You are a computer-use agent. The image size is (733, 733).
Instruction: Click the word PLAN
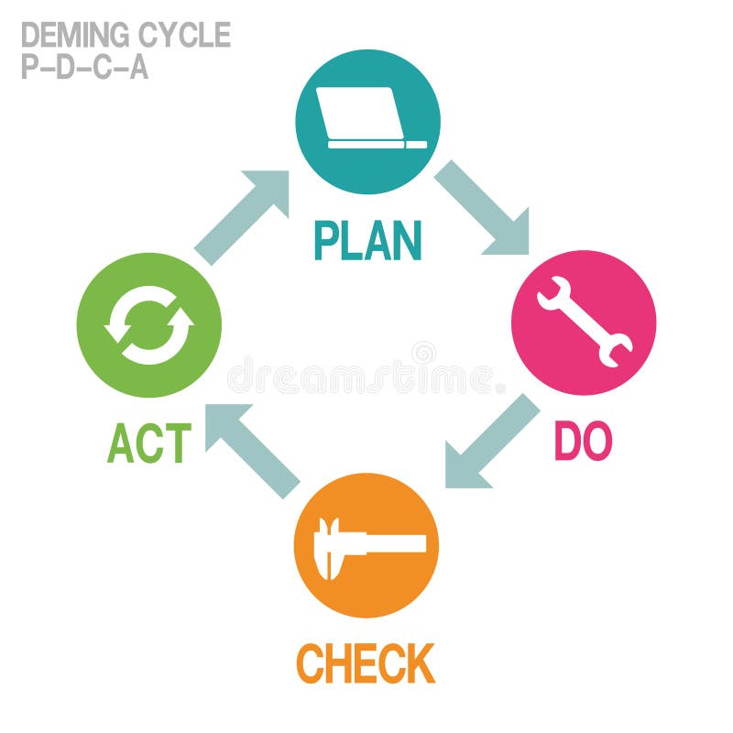[367, 240]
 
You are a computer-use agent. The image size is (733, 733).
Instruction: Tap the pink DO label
[583, 443]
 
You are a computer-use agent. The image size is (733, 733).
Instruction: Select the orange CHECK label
[366, 663]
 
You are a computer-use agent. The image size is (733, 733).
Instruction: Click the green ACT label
[149, 444]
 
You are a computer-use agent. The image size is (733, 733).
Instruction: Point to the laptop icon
[367, 118]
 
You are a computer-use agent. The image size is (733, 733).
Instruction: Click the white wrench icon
[584, 323]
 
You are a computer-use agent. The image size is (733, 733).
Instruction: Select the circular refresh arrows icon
[149, 324]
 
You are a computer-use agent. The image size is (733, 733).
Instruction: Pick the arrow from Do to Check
[490, 443]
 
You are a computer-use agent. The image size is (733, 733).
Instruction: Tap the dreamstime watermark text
[366, 377]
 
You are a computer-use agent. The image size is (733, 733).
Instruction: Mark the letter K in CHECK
[419, 663]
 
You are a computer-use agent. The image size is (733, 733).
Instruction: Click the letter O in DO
[596, 443]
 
